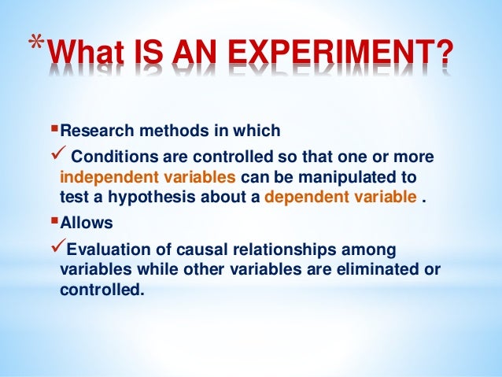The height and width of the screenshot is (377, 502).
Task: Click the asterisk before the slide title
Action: pyautogui.click(x=32, y=45)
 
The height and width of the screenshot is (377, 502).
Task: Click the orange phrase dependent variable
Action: pyautogui.click(x=341, y=196)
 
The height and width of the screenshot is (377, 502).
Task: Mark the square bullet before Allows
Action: pyautogui.click(x=55, y=223)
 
